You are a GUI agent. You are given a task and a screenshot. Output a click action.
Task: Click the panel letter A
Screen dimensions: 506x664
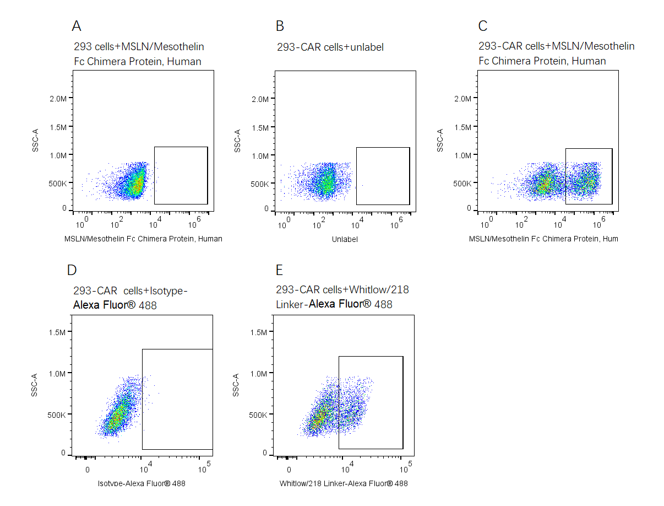pyautogui.click(x=77, y=26)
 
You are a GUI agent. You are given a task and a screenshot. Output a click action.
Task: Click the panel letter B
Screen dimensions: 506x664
pyautogui.click(x=280, y=26)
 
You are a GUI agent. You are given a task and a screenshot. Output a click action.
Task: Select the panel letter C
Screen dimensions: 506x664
pyautogui.click(x=482, y=26)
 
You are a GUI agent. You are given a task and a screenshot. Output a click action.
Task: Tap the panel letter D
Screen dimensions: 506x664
pyautogui.click(x=72, y=270)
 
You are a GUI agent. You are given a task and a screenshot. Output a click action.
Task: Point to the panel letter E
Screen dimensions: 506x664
pyautogui.click(x=279, y=270)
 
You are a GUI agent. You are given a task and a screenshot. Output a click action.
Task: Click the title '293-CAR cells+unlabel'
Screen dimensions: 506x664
pyautogui.click(x=330, y=47)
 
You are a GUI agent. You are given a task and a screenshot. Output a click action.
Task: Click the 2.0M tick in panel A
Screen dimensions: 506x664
pyautogui.click(x=57, y=98)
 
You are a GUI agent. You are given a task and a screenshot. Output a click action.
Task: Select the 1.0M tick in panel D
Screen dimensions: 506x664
pyautogui.click(x=57, y=374)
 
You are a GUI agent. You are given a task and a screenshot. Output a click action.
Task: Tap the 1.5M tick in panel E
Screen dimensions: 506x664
pyautogui.click(x=259, y=332)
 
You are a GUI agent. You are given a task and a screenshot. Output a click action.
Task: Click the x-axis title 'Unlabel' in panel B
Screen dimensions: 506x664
pyautogui.click(x=345, y=239)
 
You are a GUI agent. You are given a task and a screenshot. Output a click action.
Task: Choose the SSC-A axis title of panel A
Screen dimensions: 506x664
pyautogui.click(x=35, y=141)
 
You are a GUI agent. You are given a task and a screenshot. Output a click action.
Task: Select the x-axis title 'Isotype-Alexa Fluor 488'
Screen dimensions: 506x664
pyautogui.click(x=141, y=484)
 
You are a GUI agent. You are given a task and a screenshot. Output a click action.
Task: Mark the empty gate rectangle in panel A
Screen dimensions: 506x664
pyautogui.click(x=181, y=175)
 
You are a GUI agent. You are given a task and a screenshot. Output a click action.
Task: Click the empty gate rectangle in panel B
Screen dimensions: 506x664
pyautogui.click(x=383, y=176)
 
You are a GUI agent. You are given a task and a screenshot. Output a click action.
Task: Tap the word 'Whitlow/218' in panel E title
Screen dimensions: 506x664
pyautogui.click(x=380, y=290)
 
